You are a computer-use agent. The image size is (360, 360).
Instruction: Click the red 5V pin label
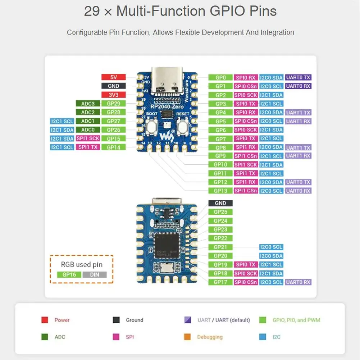tap(113, 77)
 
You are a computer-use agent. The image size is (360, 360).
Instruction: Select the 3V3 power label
tap(113, 95)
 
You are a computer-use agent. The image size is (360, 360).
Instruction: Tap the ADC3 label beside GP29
tap(88, 104)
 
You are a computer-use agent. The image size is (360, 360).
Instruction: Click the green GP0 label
tap(220, 77)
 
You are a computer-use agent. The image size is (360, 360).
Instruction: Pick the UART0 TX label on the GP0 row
tap(298, 77)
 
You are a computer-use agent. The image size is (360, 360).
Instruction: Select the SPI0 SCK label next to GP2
tap(246, 95)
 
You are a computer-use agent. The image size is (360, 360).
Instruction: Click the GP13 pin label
tap(220, 191)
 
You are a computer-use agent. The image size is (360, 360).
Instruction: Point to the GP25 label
tap(220, 212)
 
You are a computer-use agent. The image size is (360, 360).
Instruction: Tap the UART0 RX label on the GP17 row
tap(298, 282)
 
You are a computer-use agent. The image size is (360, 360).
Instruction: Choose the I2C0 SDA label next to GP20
tap(271, 256)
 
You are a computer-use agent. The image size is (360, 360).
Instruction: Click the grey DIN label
tap(95, 274)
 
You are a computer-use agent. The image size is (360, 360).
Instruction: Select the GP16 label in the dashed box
tap(69, 274)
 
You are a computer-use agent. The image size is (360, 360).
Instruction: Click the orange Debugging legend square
tap(187, 337)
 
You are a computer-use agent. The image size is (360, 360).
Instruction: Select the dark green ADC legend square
tap(45, 337)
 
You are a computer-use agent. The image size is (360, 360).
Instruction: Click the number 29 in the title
tap(91, 11)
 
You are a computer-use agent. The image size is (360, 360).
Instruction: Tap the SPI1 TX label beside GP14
tap(88, 147)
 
